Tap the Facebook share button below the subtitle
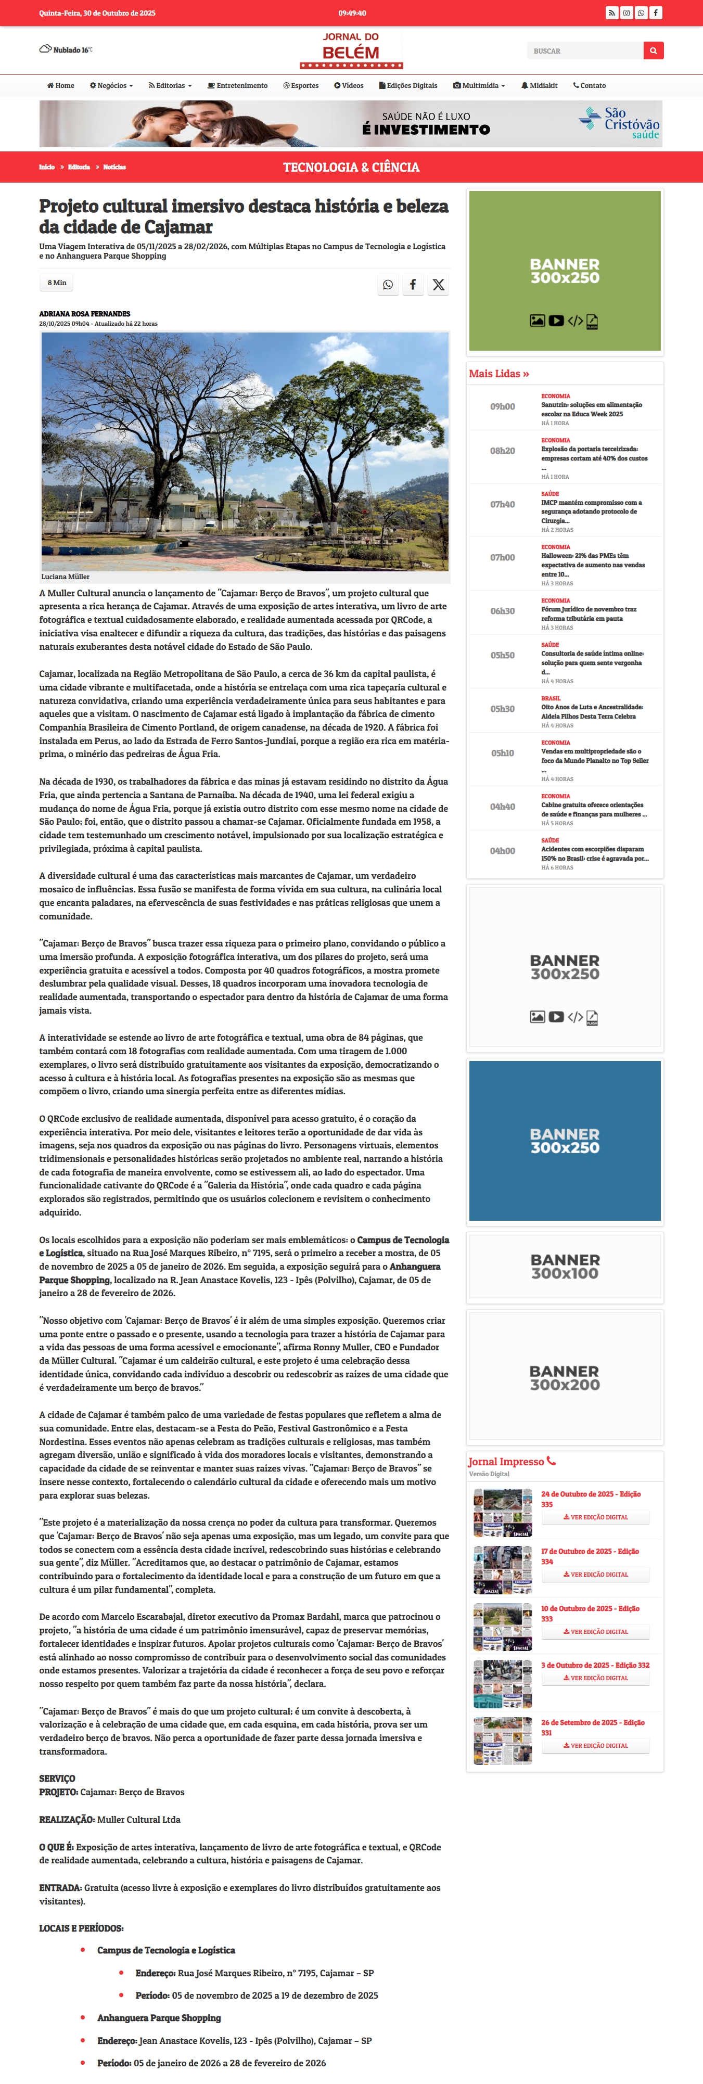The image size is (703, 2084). click(413, 285)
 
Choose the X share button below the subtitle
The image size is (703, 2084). click(438, 285)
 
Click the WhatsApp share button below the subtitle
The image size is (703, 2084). click(388, 285)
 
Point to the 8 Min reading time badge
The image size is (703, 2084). click(57, 283)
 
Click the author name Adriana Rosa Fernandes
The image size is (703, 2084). click(84, 314)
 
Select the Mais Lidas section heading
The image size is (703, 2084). click(499, 374)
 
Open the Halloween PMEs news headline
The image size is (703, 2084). click(593, 565)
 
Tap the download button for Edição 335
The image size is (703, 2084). click(595, 1517)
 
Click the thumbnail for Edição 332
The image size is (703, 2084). click(502, 1683)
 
